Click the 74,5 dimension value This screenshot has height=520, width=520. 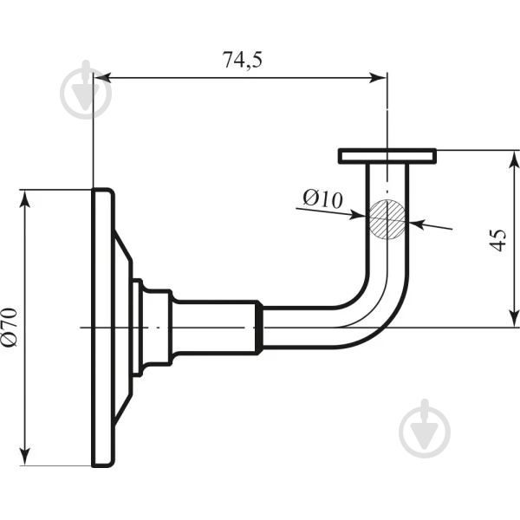click(242, 60)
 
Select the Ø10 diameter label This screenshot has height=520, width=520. click(322, 199)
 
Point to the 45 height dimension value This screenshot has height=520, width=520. click(498, 240)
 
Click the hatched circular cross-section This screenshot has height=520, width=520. click(387, 219)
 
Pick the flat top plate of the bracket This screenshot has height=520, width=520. click(387, 156)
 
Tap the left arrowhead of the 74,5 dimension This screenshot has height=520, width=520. click(101, 78)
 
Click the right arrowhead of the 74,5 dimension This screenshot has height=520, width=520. click(378, 78)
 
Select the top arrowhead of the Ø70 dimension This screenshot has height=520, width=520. click(25, 199)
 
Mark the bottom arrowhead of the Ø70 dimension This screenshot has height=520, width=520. click(25, 457)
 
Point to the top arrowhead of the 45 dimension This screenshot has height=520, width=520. click(514, 159)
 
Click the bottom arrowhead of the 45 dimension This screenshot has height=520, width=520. click(514, 318)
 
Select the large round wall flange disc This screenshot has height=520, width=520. click(103, 328)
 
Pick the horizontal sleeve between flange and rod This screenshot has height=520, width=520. click(215, 328)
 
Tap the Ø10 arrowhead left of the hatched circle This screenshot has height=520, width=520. click(358, 216)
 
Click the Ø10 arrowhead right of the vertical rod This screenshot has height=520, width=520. click(418, 224)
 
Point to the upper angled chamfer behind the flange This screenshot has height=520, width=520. click(123, 246)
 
